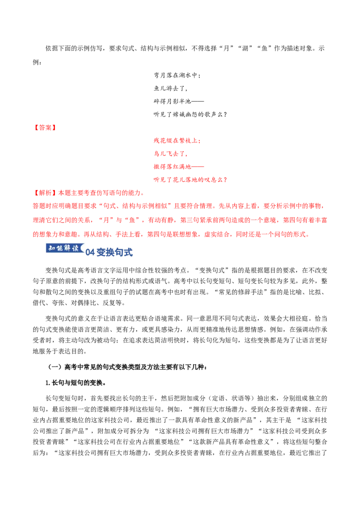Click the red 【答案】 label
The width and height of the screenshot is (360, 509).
point(45,128)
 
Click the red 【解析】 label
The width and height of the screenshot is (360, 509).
point(45,193)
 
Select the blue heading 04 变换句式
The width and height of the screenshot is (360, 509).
point(109,252)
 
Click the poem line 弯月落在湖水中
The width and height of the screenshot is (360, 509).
point(177,75)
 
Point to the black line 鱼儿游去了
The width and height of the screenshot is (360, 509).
point(171,88)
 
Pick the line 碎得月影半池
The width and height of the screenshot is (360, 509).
point(179,101)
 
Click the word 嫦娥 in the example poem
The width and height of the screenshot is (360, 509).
point(178,114)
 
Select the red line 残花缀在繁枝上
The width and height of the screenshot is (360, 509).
point(177,141)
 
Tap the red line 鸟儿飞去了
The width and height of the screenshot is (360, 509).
point(171,153)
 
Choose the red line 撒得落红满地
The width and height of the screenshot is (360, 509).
point(179,166)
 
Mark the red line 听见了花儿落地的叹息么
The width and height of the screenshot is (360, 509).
point(190,179)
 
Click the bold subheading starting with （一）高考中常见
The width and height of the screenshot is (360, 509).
point(127,367)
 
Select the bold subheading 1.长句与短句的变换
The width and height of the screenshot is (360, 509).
point(76,383)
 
